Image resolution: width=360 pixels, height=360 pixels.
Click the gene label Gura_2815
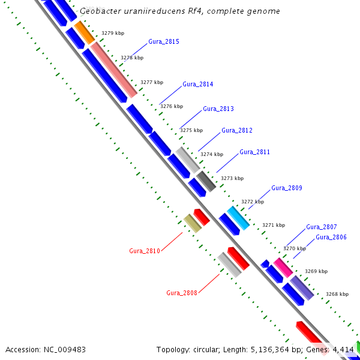(x=163, y=42)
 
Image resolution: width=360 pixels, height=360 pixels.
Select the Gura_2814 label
(x=197, y=85)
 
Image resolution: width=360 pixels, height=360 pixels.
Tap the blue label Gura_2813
(x=218, y=109)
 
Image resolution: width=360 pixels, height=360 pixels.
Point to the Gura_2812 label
(x=237, y=131)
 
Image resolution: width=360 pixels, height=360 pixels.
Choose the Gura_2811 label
(x=254, y=152)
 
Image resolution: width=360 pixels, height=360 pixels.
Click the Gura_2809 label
(x=287, y=188)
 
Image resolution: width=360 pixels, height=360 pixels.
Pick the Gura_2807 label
(x=321, y=227)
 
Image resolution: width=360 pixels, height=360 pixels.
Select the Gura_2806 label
(x=331, y=238)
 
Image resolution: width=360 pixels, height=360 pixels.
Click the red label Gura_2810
(x=145, y=251)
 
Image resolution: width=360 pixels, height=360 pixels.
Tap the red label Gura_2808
(x=182, y=293)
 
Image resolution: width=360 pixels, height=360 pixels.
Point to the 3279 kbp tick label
(x=112, y=34)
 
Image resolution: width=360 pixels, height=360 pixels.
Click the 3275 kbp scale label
(x=191, y=130)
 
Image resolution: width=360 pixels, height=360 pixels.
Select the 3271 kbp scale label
(x=273, y=225)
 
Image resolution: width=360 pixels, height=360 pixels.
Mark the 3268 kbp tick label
(x=337, y=295)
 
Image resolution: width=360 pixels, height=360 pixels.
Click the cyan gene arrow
(x=238, y=218)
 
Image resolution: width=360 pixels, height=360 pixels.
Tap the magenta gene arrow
(x=283, y=267)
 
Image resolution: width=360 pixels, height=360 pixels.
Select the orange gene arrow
(x=85, y=32)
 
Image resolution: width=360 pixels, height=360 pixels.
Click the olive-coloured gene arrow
(x=192, y=223)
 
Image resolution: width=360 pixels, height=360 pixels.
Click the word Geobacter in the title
(x=100, y=11)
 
